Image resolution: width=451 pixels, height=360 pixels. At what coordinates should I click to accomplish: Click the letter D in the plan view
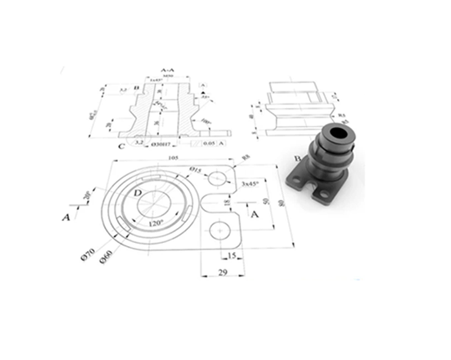pos(137,193)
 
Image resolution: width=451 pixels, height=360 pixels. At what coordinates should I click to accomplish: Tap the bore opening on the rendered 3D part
pos(340,134)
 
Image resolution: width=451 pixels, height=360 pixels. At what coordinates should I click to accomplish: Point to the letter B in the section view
pos(137,88)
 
